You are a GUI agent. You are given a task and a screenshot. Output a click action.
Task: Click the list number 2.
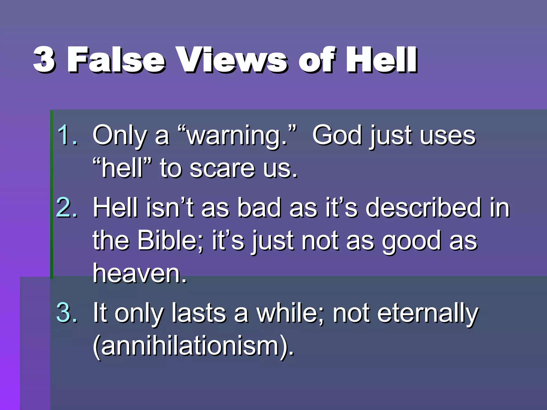tap(67, 208)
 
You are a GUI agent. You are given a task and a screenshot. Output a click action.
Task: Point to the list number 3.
tap(67, 312)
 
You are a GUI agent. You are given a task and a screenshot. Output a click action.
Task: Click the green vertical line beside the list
tap(52, 194)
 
